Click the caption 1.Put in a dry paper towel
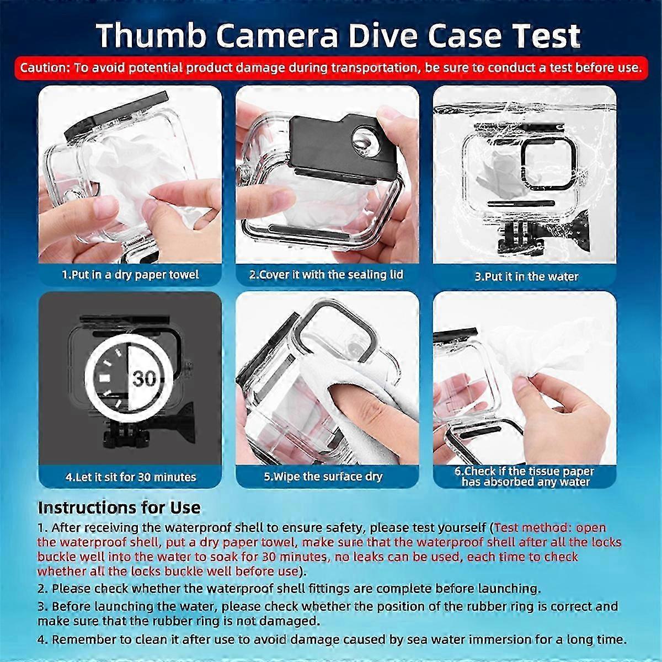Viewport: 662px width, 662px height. click(x=130, y=275)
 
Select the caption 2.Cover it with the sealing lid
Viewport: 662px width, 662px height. click(x=326, y=275)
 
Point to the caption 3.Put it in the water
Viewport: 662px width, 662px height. click(x=526, y=276)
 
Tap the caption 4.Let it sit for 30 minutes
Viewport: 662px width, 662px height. click(x=131, y=477)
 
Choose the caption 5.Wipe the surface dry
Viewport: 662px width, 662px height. click(x=323, y=477)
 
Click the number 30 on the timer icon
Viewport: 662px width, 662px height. click(x=145, y=378)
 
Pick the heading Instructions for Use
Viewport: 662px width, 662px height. click(x=119, y=508)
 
